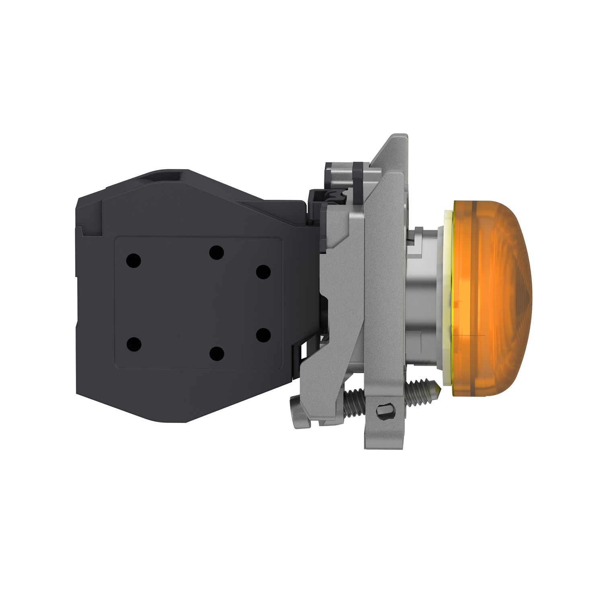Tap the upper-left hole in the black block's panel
coord(133,261)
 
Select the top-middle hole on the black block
coord(216,253)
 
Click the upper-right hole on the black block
coord(263,272)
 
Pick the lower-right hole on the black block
coord(263,335)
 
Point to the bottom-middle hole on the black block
coord(216,354)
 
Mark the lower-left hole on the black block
coord(133,345)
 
